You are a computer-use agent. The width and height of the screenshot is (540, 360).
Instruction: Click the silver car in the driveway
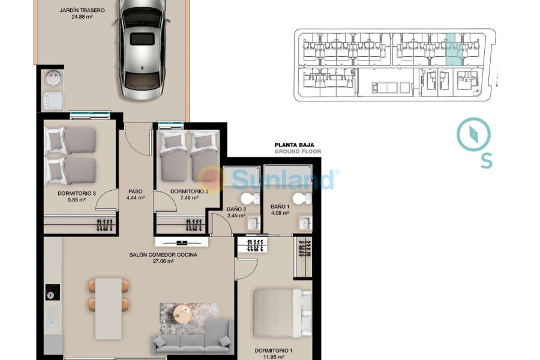pos(142,51)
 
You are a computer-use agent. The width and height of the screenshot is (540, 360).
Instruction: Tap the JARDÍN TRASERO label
pos(82,10)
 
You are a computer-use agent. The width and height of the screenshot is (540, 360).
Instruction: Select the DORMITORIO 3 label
pos(77,193)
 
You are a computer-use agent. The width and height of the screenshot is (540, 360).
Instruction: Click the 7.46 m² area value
pos(189,198)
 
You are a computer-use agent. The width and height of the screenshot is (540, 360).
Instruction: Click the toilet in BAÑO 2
pos(246,198)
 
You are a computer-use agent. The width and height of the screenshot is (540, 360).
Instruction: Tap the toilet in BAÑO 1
pos(298,198)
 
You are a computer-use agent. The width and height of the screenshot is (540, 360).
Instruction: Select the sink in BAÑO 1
pos(305,223)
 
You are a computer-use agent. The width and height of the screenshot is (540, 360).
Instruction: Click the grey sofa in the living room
pos(191,337)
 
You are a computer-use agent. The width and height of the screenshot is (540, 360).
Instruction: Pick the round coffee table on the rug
pos(182,313)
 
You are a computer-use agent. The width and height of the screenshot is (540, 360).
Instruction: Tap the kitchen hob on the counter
pos(52,292)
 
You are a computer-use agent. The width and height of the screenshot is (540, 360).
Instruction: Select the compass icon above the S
pos(474,134)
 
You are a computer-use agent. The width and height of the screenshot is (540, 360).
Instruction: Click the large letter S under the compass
pos(487,161)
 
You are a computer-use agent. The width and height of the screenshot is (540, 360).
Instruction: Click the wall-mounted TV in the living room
pos(182,242)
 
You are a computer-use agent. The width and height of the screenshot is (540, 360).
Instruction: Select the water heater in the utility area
pos(53,77)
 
